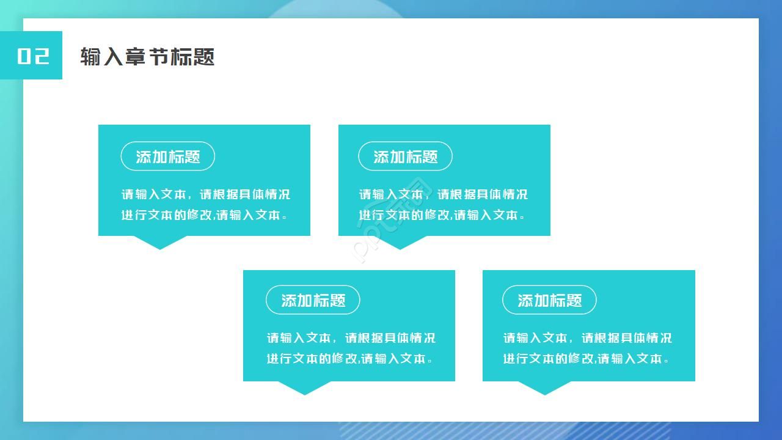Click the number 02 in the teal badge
tap(33, 56)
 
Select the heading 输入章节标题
tap(147, 57)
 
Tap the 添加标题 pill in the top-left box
tap(168, 156)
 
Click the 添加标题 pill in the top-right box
tap(405, 156)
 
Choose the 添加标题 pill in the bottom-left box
tap(313, 300)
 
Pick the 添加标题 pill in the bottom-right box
tap(549, 300)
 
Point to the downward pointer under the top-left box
tap(160, 242)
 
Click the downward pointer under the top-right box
tap(400, 242)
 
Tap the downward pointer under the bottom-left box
tap(305, 387)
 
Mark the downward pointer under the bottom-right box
tap(545, 387)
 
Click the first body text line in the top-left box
tap(206, 194)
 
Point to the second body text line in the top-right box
tap(442, 215)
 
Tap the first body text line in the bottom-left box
tap(351, 338)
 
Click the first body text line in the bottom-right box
tap(587, 338)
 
